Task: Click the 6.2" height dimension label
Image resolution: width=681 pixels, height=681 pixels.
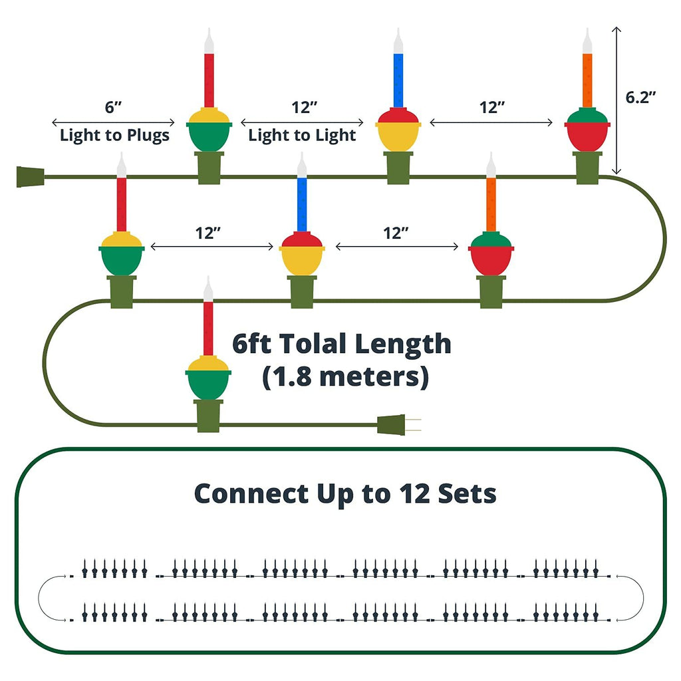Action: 640,96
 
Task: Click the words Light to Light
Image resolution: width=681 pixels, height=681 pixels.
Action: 302,136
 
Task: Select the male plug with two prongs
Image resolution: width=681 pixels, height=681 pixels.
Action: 396,424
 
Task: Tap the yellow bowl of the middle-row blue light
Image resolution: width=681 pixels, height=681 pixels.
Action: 302,261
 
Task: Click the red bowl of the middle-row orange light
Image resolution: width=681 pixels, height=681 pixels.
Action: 491,261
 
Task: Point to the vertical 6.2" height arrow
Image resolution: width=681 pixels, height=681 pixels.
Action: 617,100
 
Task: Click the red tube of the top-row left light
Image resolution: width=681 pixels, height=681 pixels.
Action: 209,80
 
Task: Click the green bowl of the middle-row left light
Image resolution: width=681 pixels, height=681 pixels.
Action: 122,261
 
